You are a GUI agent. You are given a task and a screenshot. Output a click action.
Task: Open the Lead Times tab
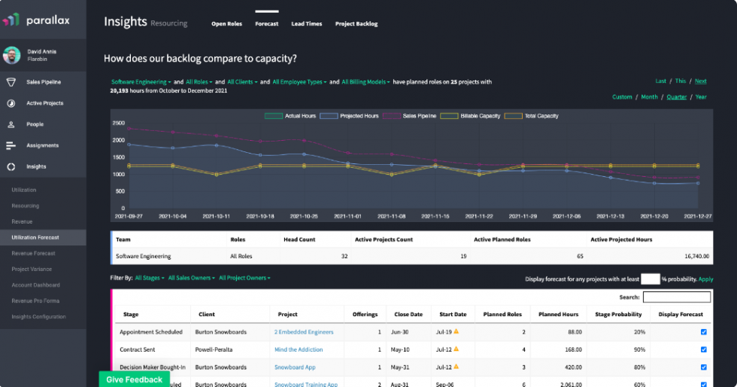[x=306, y=24]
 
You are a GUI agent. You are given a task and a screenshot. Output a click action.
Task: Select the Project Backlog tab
[x=356, y=24]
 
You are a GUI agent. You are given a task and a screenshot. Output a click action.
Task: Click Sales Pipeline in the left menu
[x=44, y=82]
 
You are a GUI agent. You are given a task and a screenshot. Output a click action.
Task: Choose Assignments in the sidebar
[x=42, y=145]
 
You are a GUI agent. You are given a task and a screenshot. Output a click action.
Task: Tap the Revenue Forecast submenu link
[x=33, y=253]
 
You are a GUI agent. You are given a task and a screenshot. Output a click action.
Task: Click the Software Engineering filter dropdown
[x=140, y=81]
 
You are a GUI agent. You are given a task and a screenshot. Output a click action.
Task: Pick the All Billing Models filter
[x=365, y=81]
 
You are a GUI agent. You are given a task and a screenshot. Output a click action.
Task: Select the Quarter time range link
[x=676, y=96]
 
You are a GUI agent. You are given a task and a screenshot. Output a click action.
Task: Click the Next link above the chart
[x=700, y=81]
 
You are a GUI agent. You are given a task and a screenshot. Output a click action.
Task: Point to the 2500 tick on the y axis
[x=118, y=123]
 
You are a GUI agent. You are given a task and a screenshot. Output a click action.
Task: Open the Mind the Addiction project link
[x=299, y=349]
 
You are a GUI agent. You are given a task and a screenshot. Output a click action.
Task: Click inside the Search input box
[x=676, y=297]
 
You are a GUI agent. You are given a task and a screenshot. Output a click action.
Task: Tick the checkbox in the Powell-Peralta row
[x=703, y=349]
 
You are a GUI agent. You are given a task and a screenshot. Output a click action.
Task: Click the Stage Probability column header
[x=618, y=314]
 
